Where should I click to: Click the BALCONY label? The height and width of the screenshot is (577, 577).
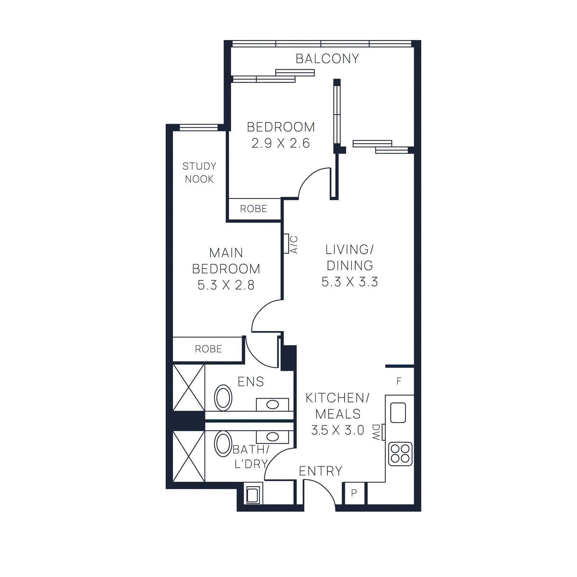click(327, 59)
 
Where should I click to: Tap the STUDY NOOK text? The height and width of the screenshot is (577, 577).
click(199, 172)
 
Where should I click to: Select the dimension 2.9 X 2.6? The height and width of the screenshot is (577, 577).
click(281, 143)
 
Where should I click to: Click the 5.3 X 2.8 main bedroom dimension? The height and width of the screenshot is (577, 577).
click(226, 285)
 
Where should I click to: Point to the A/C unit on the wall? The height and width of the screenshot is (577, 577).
click(286, 244)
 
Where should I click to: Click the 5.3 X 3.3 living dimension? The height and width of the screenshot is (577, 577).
click(349, 282)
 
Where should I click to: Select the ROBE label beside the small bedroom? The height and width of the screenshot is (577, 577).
click(254, 209)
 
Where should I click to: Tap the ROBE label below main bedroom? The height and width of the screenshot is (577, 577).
click(208, 349)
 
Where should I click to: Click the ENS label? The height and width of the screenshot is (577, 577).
click(251, 382)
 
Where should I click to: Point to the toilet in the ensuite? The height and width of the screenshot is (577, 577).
click(223, 398)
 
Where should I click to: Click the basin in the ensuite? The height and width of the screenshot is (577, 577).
click(272, 405)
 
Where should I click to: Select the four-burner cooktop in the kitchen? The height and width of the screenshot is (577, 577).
click(400, 454)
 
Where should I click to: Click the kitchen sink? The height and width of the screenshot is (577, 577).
click(398, 413)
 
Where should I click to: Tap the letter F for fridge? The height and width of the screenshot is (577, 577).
click(399, 381)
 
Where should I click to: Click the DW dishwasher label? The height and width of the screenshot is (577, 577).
click(376, 432)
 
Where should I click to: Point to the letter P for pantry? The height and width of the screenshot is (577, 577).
click(354, 493)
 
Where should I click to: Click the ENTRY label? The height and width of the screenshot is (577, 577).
click(320, 471)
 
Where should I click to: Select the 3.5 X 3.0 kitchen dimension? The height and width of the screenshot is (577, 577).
click(338, 430)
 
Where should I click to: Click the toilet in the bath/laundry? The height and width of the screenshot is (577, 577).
click(223, 444)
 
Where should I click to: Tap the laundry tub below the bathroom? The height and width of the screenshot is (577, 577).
click(252, 494)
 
